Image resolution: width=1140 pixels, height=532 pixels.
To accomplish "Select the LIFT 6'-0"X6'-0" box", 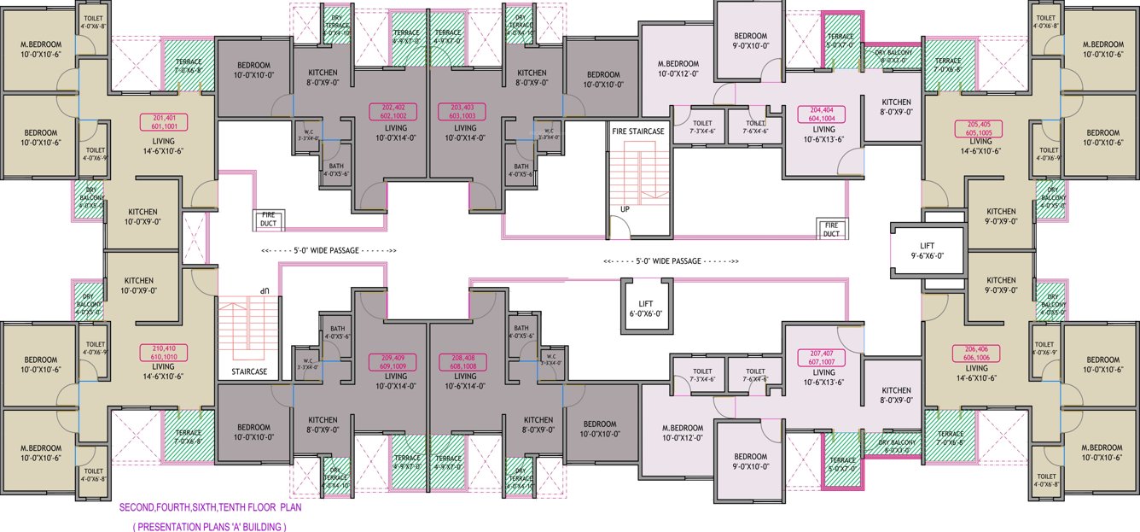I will coord(645,307).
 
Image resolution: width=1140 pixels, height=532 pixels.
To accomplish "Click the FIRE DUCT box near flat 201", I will coord(268,220).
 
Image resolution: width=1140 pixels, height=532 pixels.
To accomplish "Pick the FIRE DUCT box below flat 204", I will coord(831,228).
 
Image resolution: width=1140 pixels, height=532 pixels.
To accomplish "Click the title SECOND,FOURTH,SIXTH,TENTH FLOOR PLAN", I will coord(210,507).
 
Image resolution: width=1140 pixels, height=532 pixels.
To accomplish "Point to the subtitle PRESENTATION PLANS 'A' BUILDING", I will coord(209,527).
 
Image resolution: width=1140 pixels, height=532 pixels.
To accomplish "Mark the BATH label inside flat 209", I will coord(337,332).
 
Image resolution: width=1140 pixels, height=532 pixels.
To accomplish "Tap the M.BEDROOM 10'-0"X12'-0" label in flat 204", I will coord(678,69).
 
